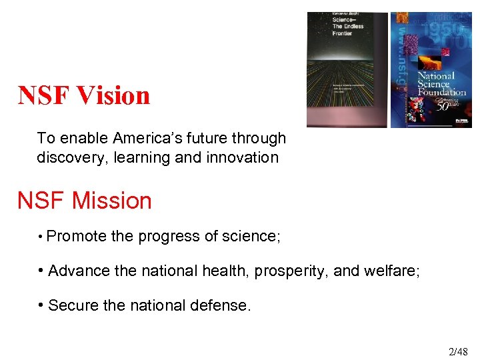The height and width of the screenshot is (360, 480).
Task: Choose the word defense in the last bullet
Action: click(223, 305)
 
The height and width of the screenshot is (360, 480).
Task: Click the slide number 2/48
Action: click(458, 351)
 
